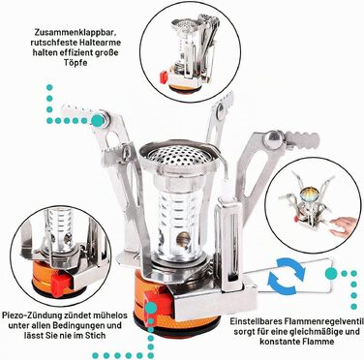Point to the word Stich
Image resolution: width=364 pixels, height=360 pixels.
[95, 336]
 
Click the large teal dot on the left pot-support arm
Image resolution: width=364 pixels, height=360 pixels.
[97, 120]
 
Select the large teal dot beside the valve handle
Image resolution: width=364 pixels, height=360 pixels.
[331, 273]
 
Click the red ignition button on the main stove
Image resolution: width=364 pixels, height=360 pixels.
[158, 302]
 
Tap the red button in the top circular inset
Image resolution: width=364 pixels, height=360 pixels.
[164, 77]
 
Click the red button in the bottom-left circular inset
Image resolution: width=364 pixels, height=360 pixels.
[62, 283]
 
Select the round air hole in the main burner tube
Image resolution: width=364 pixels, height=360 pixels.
[182, 239]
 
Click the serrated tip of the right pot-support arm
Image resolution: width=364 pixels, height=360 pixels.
[304, 140]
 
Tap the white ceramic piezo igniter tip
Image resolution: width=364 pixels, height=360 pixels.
[227, 194]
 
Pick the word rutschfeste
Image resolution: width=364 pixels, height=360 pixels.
[52, 43]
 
